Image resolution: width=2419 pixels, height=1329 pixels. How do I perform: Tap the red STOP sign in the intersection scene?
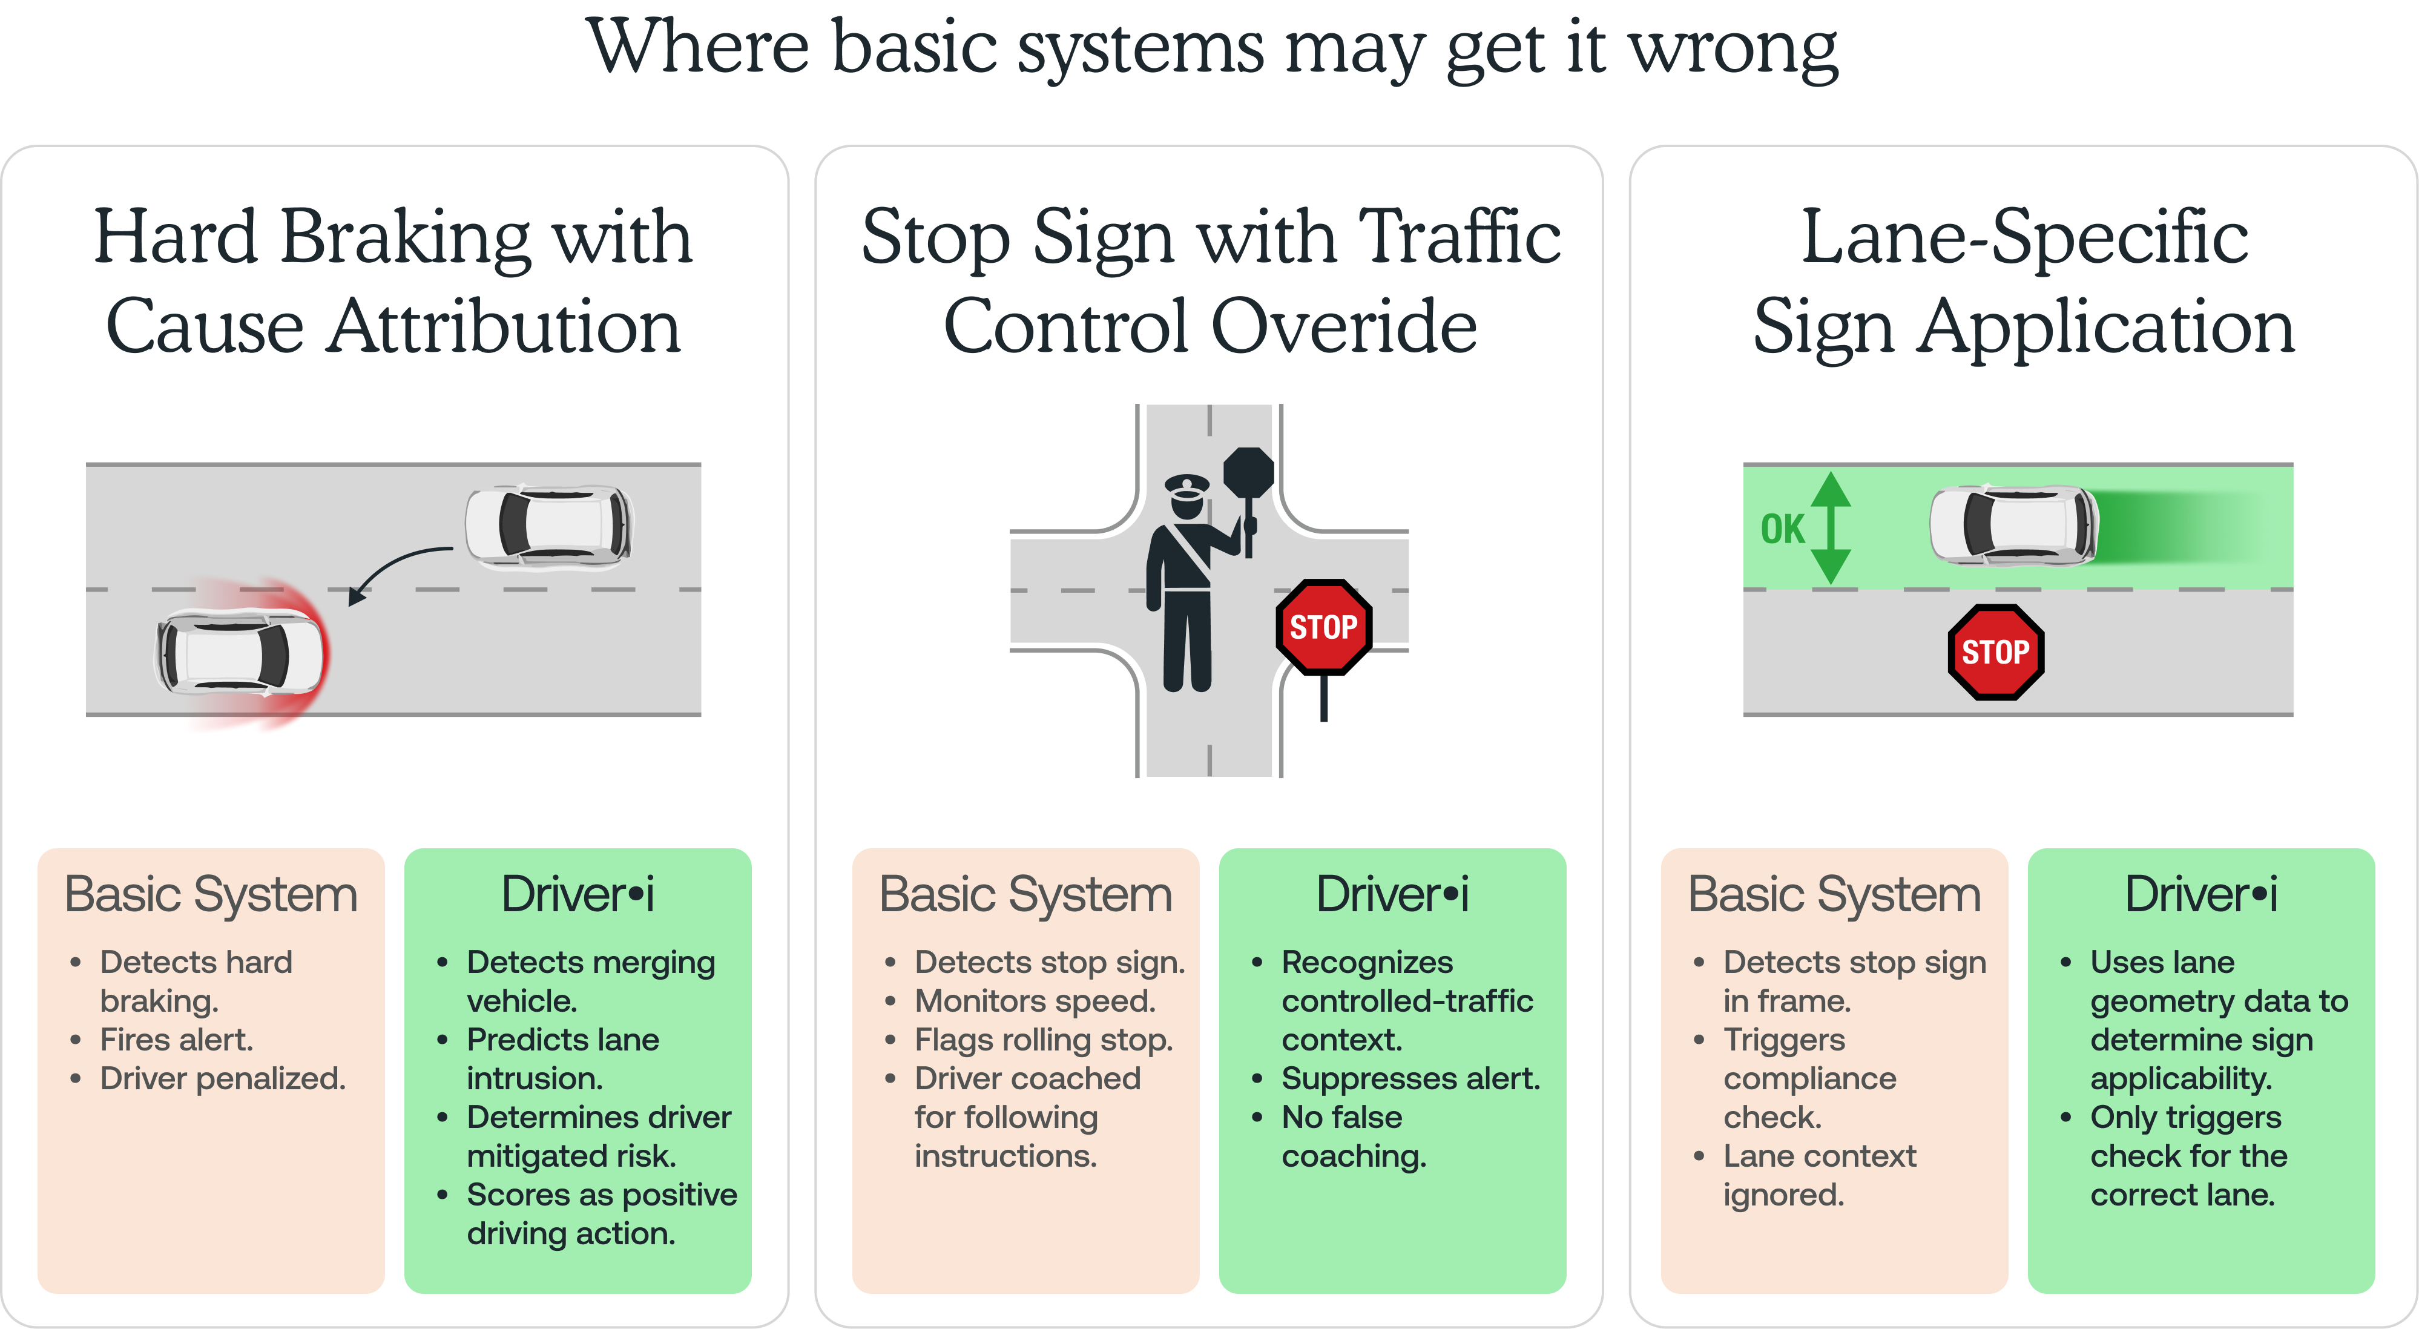[1323, 627]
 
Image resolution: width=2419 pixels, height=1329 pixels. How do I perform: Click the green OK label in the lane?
[1782, 529]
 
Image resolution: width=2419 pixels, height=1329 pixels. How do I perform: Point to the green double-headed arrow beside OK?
[1830, 528]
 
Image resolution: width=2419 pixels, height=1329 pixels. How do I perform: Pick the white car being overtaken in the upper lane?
[549, 526]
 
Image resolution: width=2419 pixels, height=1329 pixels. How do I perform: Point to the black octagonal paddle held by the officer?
[1249, 470]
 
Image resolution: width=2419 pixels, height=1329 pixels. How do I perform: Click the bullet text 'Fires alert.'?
[177, 1040]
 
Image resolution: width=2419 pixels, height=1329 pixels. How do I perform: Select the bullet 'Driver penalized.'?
[223, 1078]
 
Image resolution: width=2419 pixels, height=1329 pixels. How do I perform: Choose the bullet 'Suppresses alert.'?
[1410, 1078]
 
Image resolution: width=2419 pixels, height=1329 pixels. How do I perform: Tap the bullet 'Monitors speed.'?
[1035, 1001]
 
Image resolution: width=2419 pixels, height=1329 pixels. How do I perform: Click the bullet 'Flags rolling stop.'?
[1043, 1040]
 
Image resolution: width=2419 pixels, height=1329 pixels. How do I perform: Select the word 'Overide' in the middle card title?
[1344, 326]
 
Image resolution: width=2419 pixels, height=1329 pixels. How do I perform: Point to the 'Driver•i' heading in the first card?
[578, 894]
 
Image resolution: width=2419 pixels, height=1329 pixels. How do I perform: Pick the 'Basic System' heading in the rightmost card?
[1834, 894]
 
